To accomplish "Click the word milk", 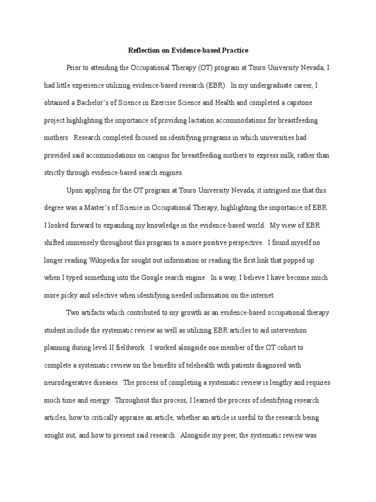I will click(x=278, y=155).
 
